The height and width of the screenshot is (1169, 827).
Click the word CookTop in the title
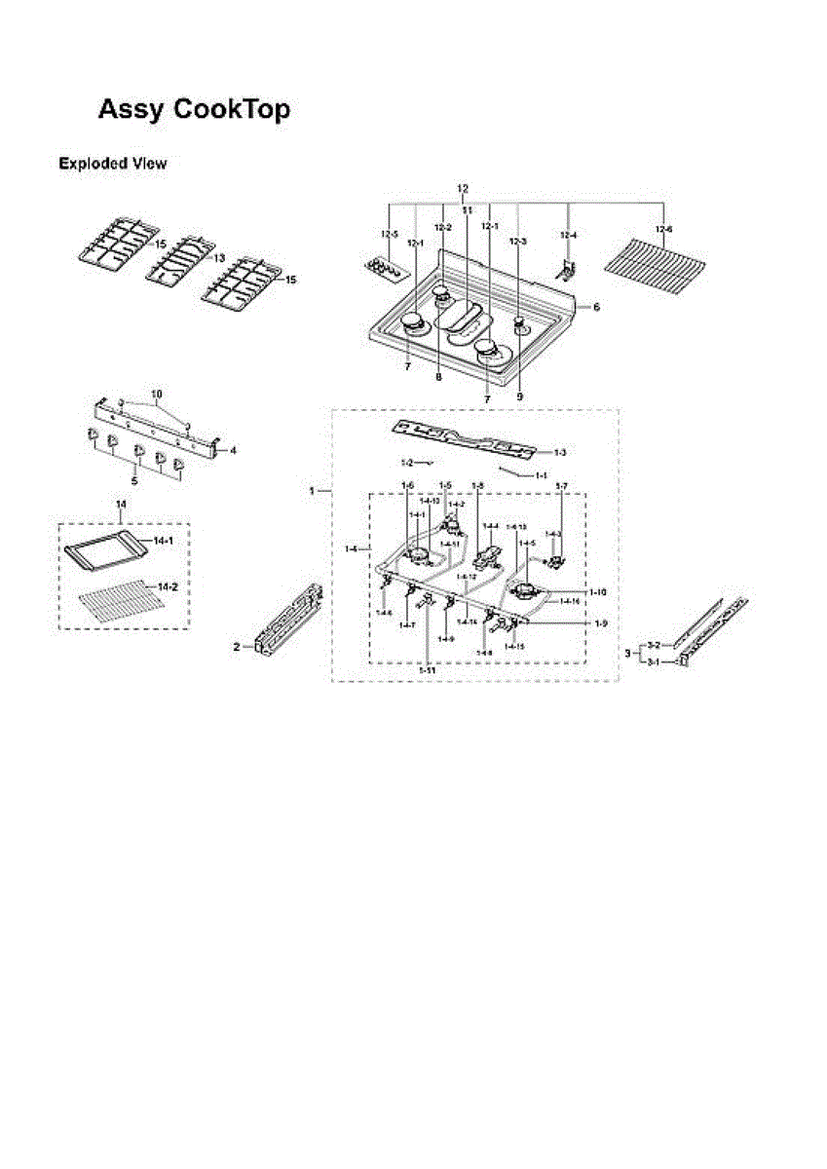pyautogui.click(x=231, y=110)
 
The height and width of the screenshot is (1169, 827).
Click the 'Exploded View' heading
pyautogui.click(x=112, y=164)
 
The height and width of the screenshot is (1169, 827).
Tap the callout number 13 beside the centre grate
pyautogui.click(x=218, y=257)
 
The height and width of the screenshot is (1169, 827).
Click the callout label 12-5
pyautogui.click(x=390, y=235)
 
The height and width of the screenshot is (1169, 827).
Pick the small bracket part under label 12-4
pyautogui.click(x=571, y=266)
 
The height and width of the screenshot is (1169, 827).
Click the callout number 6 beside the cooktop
pyautogui.click(x=597, y=306)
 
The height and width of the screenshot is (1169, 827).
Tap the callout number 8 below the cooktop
pyautogui.click(x=439, y=376)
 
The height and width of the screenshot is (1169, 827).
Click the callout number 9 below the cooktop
pyautogui.click(x=519, y=397)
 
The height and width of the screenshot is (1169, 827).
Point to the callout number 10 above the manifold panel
pyautogui.click(x=157, y=394)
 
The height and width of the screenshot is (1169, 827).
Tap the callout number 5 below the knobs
pyautogui.click(x=134, y=480)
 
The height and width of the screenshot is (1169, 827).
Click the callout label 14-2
pyautogui.click(x=167, y=586)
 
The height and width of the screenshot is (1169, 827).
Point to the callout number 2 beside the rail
pyautogui.click(x=237, y=647)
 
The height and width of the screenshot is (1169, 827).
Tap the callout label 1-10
pyautogui.click(x=597, y=591)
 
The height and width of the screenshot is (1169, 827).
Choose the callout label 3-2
pyautogui.click(x=654, y=645)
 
